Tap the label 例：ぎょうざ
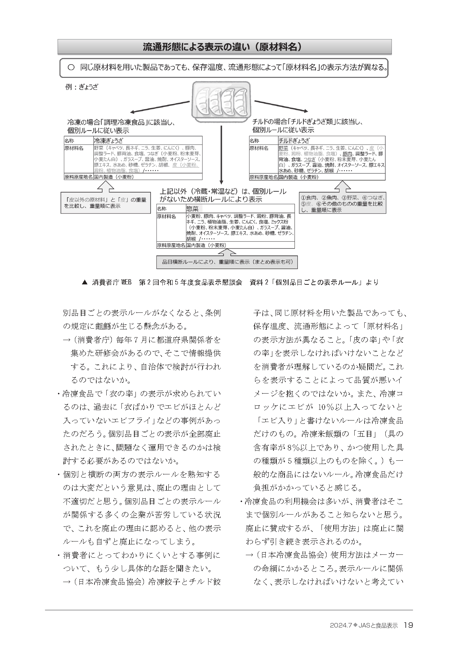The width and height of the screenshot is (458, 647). (82, 87)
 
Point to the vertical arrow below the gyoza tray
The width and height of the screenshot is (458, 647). (221, 155)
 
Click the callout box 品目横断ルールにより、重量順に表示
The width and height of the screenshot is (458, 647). (227, 262)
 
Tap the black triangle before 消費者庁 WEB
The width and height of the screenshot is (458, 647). (85, 283)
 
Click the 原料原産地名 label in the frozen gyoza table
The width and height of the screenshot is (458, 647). (78, 177)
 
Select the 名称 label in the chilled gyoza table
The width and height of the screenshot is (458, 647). (254, 141)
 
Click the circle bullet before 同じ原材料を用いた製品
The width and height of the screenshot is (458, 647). (71, 68)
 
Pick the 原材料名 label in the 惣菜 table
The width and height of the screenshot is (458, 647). (166, 217)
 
